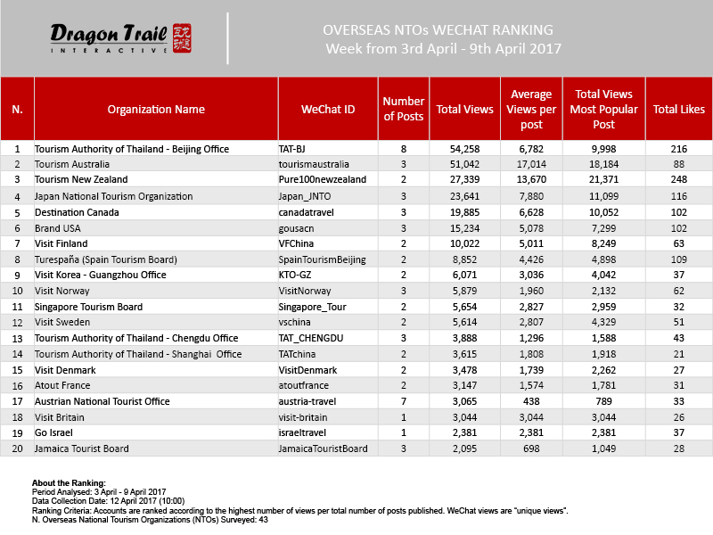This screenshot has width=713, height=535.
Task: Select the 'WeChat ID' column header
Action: point(328,110)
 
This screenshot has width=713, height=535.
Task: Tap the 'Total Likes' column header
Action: point(678,110)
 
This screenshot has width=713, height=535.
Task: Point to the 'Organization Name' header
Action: point(156,110)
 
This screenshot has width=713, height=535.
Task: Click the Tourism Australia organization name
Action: point(72,164)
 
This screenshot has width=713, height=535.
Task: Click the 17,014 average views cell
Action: point(530,164)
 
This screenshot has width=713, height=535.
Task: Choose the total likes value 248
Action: point(678,180)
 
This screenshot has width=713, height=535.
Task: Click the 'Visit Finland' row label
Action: point(62,243)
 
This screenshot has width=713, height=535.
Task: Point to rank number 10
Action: point(17,291)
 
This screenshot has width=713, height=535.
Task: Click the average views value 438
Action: point(530,401)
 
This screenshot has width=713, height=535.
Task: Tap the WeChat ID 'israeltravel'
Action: point(304,432)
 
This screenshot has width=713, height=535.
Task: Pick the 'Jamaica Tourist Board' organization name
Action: point(81,449)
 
